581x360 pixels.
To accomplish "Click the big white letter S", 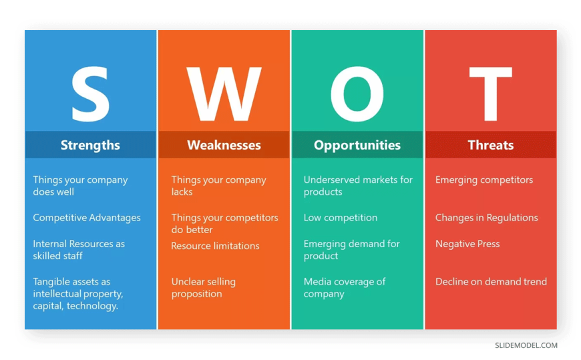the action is click(x=90, y=94).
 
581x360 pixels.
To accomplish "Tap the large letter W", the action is click(x=224, y=94).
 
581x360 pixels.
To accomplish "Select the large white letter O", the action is click(x=357, y=94).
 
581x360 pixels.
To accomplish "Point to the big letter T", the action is click(x=491, y=94).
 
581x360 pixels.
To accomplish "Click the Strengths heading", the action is click(x=90, y=145).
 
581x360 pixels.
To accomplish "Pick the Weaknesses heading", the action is click(x=224, y=145).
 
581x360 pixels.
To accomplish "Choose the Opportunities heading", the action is click(x=357, y=145).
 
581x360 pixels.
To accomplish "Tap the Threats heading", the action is click(x=491, y=145).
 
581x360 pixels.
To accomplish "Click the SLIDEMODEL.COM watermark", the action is click(x=526, y=345).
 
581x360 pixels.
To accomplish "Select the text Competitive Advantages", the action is click(x=87, y=218).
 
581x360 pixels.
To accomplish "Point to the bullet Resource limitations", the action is click(x=215, y=246).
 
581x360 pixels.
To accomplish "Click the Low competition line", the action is click(x=341, y=218).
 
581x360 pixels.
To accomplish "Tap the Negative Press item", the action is click(x=467, y=244).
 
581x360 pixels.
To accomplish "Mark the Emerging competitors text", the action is click(x=484, y=180).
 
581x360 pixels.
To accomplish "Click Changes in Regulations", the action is click(x=487, y=218).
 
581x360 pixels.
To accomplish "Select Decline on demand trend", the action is click(x=491, y=282).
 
